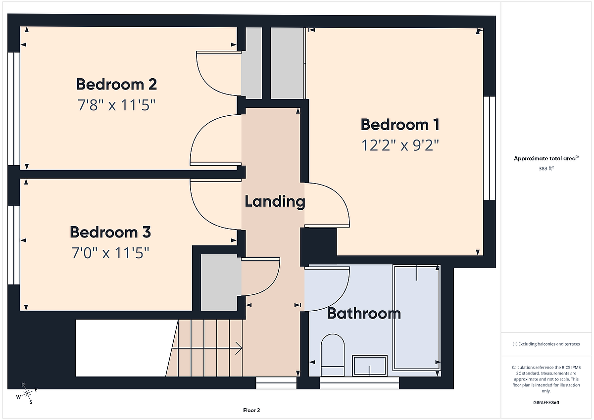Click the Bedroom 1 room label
point(400,124)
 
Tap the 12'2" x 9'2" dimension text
point(400,145)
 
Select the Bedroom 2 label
point(116,84)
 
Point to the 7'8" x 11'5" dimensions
point(116,105)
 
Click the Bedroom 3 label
point(110,232)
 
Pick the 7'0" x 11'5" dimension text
point(110,253)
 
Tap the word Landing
point(275,202)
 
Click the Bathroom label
point(364,314)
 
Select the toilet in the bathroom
point(333,355)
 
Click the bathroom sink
point(370,366)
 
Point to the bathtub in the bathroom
point(417,318)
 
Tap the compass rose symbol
point(27,394)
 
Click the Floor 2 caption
point(251,410)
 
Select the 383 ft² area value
point(546,168)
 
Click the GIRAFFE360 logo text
point(546,403)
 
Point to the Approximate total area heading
point(546,158)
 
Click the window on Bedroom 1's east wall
point(490,148)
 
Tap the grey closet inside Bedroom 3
point(219,282)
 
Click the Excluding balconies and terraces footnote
point(546,344)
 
